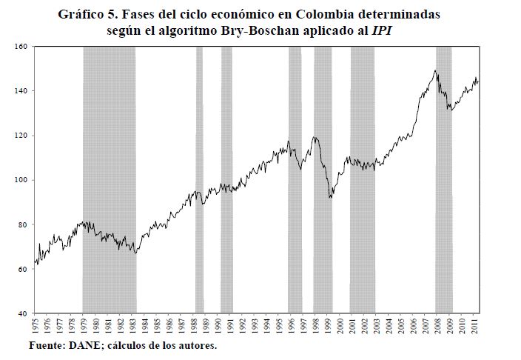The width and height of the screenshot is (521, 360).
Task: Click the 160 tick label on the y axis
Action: [x=21, y=47]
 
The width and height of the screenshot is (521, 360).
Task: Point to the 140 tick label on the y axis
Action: [x=21, y=91]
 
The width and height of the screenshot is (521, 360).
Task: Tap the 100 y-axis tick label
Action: [x=21, y=180]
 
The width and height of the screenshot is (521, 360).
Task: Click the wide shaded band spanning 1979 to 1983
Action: [x=109, y=178]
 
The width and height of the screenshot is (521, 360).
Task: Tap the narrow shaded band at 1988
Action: [x=199, y=178]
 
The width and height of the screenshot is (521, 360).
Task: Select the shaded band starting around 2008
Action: [x=444, y=178]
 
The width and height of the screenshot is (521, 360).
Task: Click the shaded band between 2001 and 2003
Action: [x=362, y=178]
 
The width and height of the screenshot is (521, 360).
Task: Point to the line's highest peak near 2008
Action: [x=435, y=70]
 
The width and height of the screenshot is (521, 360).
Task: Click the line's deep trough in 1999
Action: [x=330, y=197]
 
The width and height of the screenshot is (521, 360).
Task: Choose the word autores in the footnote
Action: [x=198, y=346]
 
